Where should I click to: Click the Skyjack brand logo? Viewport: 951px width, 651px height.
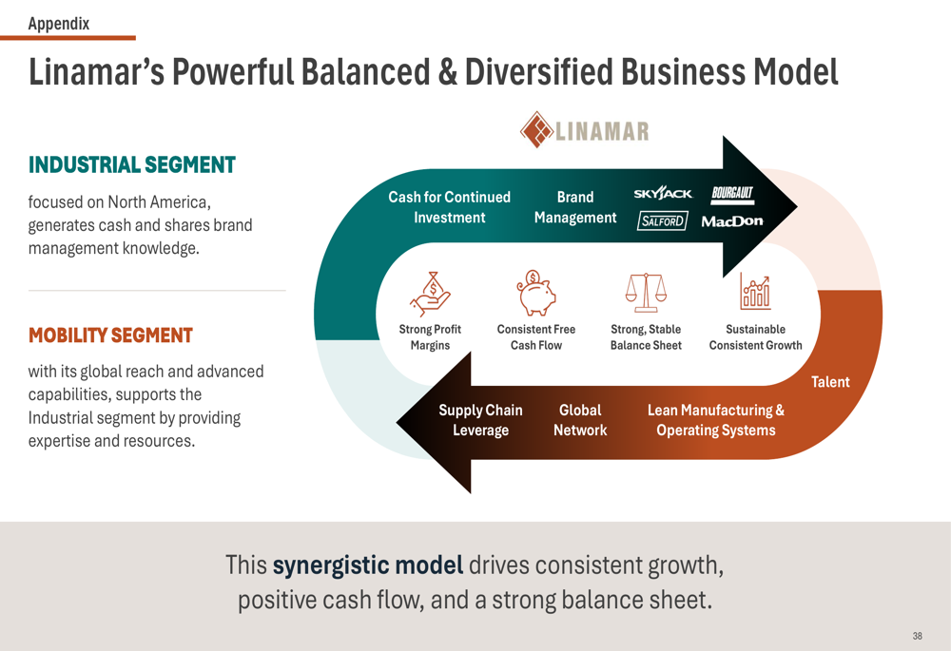click(662, 193)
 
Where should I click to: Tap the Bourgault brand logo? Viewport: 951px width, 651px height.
click(732, 194)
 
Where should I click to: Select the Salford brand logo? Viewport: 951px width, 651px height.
click(662, 221)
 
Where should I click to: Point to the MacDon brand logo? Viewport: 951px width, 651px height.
click(732, 221)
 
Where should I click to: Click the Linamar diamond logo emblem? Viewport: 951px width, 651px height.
click(536, 129)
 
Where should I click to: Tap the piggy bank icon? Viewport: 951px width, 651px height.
click(535, 293)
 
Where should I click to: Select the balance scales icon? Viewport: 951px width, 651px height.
click(646, 292)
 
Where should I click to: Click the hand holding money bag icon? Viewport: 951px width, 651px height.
click(430, 294)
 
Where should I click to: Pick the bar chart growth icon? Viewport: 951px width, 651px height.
click(755, 291)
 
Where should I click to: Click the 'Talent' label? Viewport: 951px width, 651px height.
click(830, 382)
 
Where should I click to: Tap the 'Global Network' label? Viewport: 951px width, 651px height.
click(580, 420)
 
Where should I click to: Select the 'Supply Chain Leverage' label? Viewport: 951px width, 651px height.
click(480, 420)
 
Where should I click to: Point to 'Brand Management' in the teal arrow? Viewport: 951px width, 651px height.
click(575, 207)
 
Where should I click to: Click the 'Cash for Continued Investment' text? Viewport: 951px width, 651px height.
click(450, 207)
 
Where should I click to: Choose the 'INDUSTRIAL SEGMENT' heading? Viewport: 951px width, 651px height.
click(131, 164)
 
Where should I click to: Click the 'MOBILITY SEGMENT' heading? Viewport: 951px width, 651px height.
click(110, 335)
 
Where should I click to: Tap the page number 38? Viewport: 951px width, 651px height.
click(917, 636)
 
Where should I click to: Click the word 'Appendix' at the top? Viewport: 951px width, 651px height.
click(59, 24)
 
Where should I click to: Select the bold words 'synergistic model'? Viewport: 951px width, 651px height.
click(367, 565)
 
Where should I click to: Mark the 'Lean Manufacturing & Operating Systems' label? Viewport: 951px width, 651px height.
click(716, 420)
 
